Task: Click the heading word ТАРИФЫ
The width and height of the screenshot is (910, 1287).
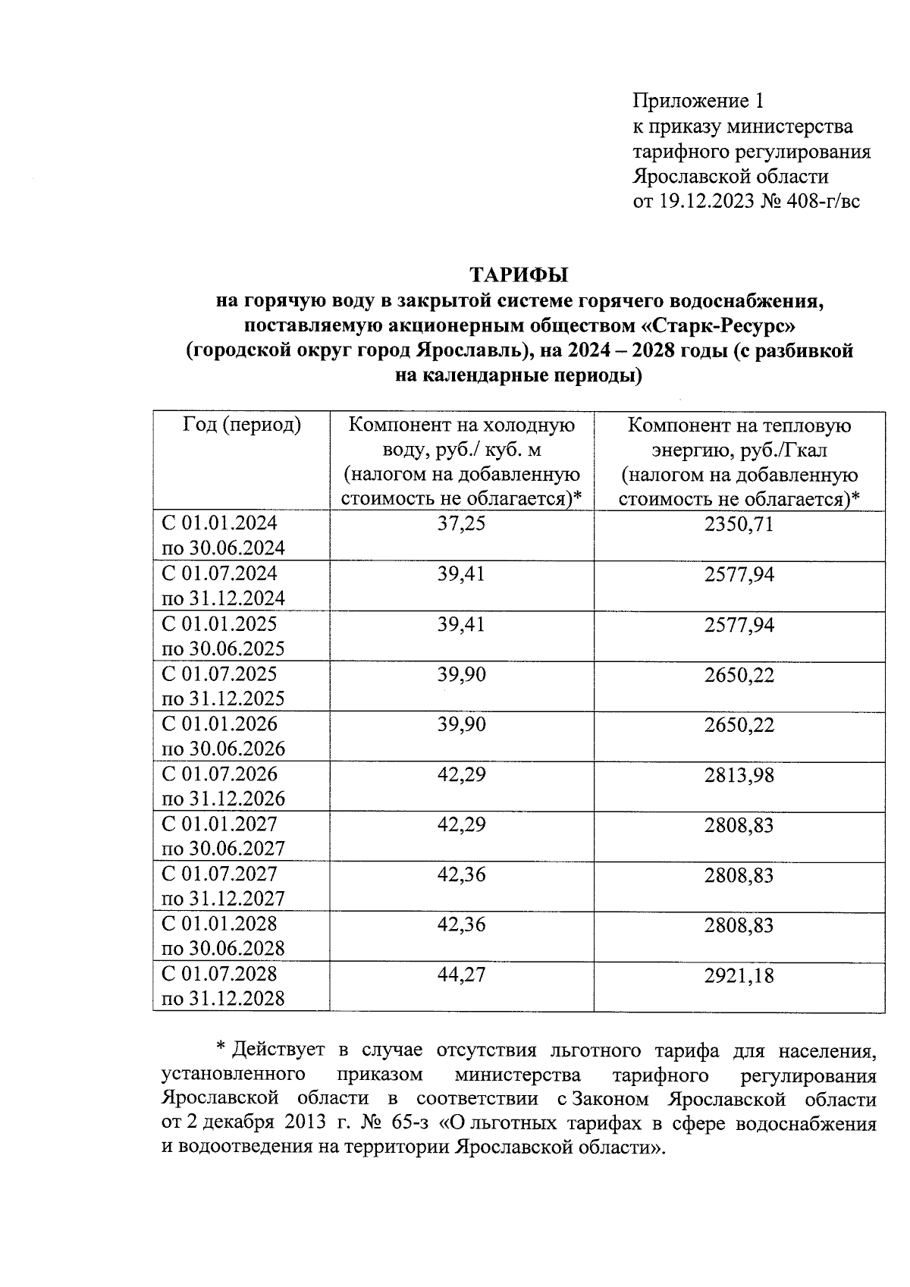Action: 519,274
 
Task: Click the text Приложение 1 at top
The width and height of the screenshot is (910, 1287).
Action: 698,101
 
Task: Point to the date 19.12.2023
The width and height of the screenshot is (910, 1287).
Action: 706,202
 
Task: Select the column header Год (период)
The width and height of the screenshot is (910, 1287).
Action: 242,425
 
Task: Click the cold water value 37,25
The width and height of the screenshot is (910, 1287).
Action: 461,524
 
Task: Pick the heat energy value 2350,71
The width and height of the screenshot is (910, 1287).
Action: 739,524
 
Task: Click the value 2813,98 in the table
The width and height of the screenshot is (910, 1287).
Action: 739,775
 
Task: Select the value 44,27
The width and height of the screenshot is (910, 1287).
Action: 461,975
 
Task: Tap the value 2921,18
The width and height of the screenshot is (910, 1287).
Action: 739,975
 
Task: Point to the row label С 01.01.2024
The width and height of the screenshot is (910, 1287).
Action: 220,523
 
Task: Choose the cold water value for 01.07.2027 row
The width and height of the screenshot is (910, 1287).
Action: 461,874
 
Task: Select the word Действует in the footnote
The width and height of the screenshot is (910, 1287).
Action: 278,1050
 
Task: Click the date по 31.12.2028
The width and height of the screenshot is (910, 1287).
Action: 224,998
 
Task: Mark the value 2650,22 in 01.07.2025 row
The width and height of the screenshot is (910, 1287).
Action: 739,675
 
